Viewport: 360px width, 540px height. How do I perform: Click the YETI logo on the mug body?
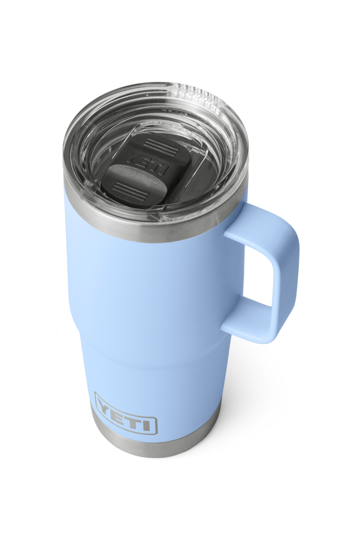click(126, 413)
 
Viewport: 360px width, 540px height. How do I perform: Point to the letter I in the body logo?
click(150, 421)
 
